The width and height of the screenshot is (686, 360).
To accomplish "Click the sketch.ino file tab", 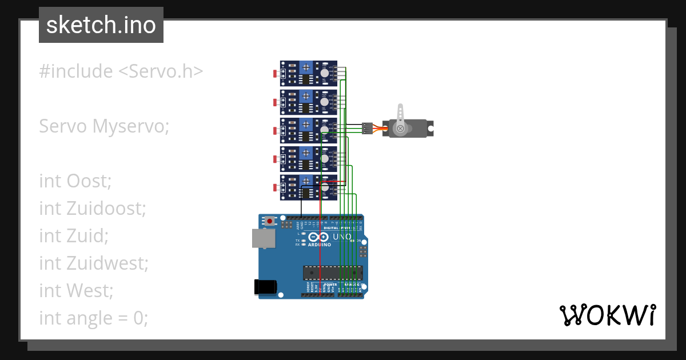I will pyautogui.click(x=101, y=25).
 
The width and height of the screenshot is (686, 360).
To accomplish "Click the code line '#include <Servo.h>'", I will pyautogui.click(x=121, y=71).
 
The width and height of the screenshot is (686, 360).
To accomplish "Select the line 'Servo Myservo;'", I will pyautogui.click(x=104, y=126).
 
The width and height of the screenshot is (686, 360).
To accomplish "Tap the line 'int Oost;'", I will pyautogui.click(x=75, y=181).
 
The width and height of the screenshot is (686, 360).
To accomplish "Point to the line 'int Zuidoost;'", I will pyautogui.click(x=93, y=209).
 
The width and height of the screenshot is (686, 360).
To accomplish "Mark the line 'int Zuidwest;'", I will pyautogui.click(x=94, y=263).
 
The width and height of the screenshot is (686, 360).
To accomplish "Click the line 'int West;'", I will pyautogui.click(x=76, y=290).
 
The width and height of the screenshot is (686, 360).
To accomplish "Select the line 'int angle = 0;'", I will pyautogui.click(x=93, y=318).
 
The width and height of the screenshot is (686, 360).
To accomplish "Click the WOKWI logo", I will pyautogui.click(x=607, y=315).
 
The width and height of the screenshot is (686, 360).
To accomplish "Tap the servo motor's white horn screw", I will pyautogui.click(x=400, y=129).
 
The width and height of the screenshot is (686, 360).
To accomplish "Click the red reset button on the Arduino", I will pyautogui.click(x=269, y=220).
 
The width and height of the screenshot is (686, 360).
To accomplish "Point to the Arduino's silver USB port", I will pyautogui.click(x=264, y=239).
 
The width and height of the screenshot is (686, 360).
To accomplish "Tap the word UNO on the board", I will pyautogui.click(x=342, y=237).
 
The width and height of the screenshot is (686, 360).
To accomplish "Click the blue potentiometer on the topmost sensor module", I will pyautogui.click(x=306, y=66).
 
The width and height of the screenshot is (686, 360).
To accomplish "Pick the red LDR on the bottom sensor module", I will pyautogui.click(x=276, y=187).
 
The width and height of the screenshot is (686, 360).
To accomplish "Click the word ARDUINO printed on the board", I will pyautogui.click(x=320, y=245).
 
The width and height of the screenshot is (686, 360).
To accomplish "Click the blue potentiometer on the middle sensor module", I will pyautogui.click(x=306, y=123).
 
